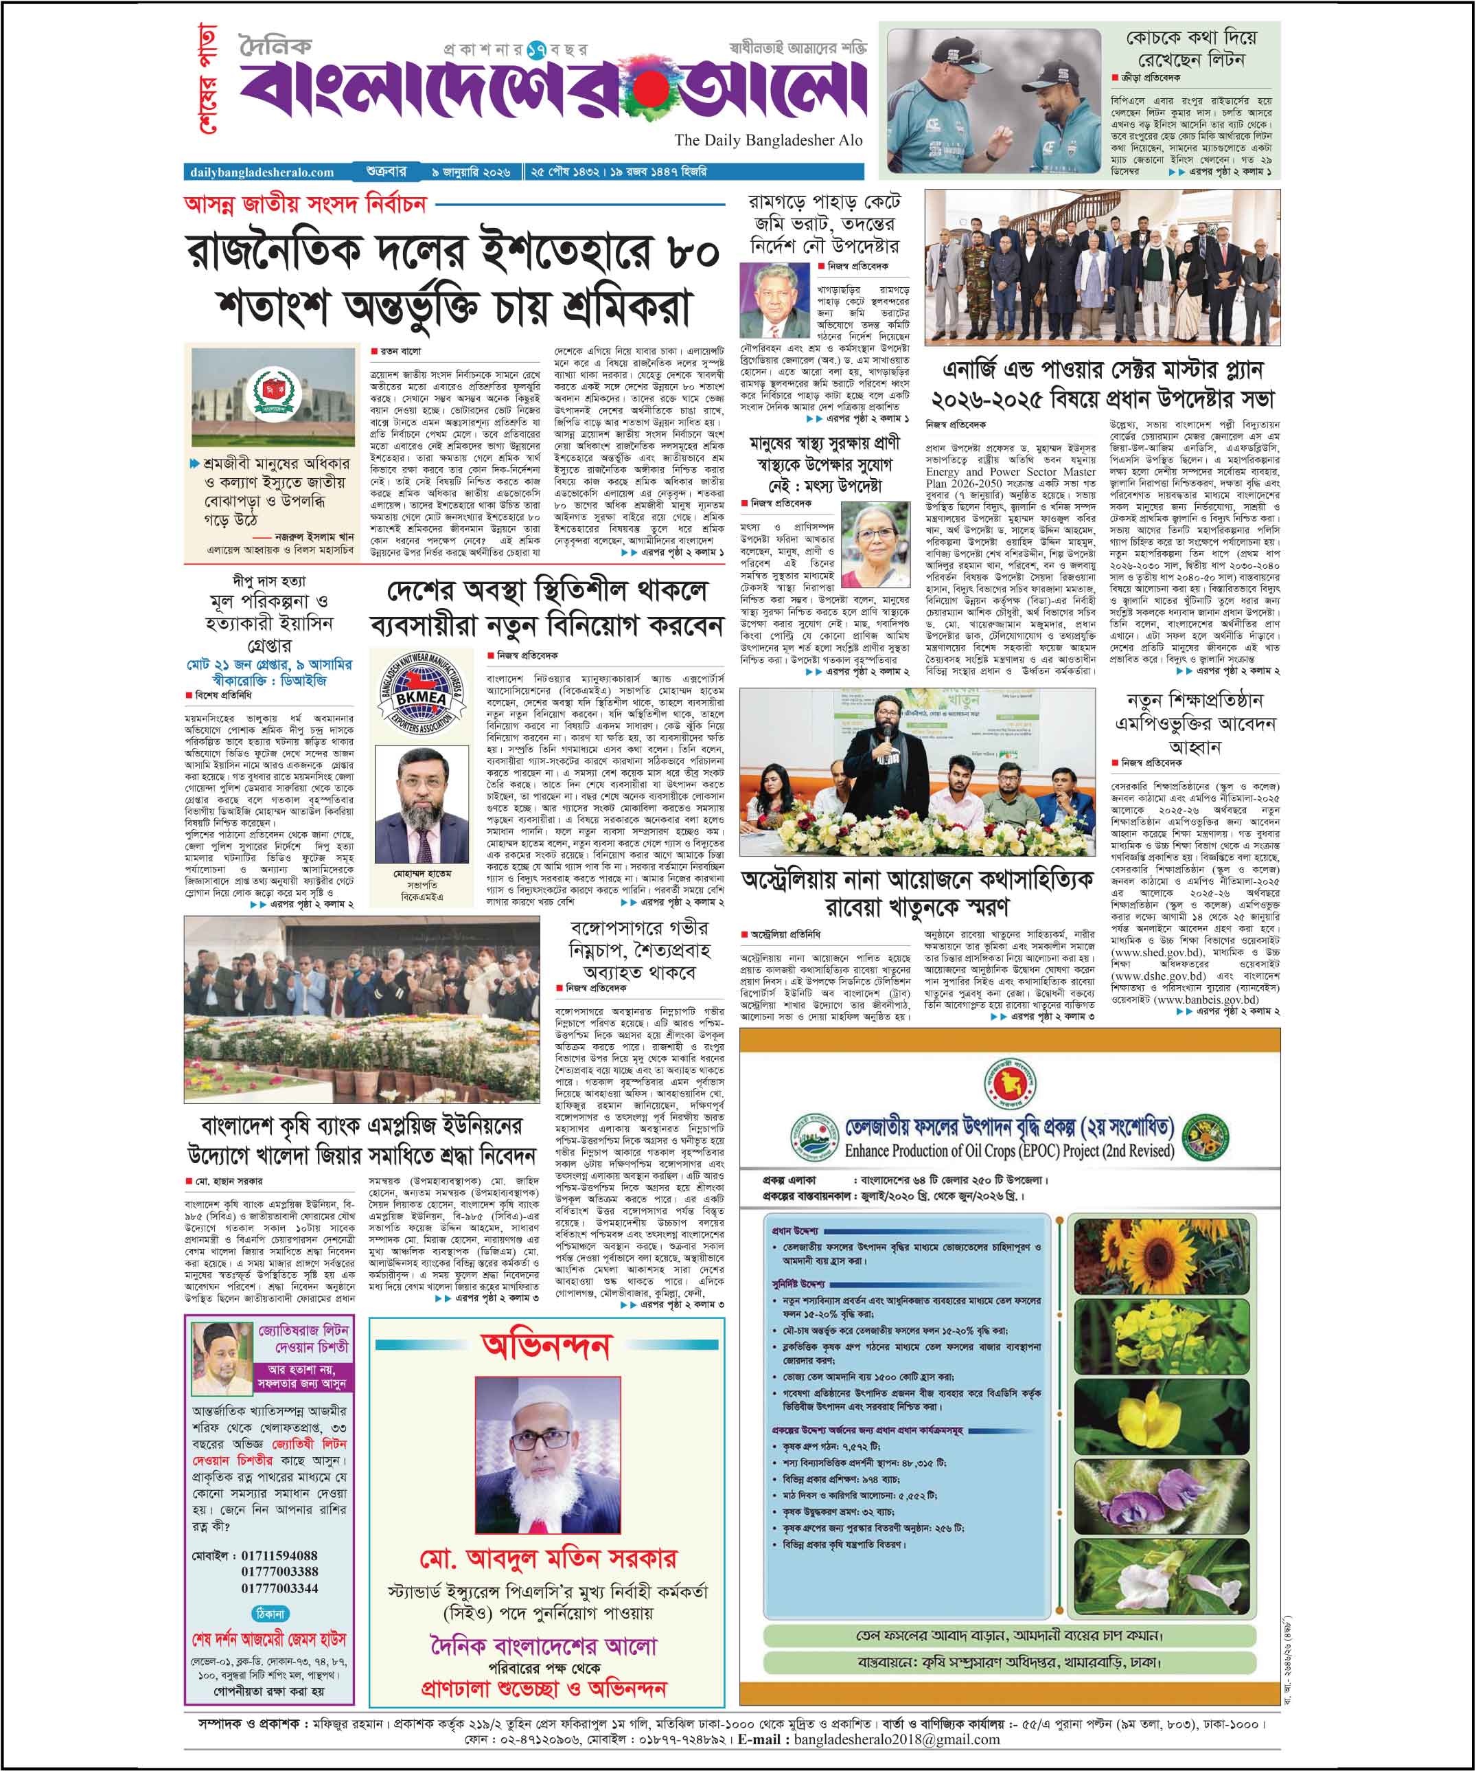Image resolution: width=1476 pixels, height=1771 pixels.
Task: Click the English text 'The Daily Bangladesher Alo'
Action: coord(768,140)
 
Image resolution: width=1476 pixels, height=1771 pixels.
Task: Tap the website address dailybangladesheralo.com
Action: coord(262,172)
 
